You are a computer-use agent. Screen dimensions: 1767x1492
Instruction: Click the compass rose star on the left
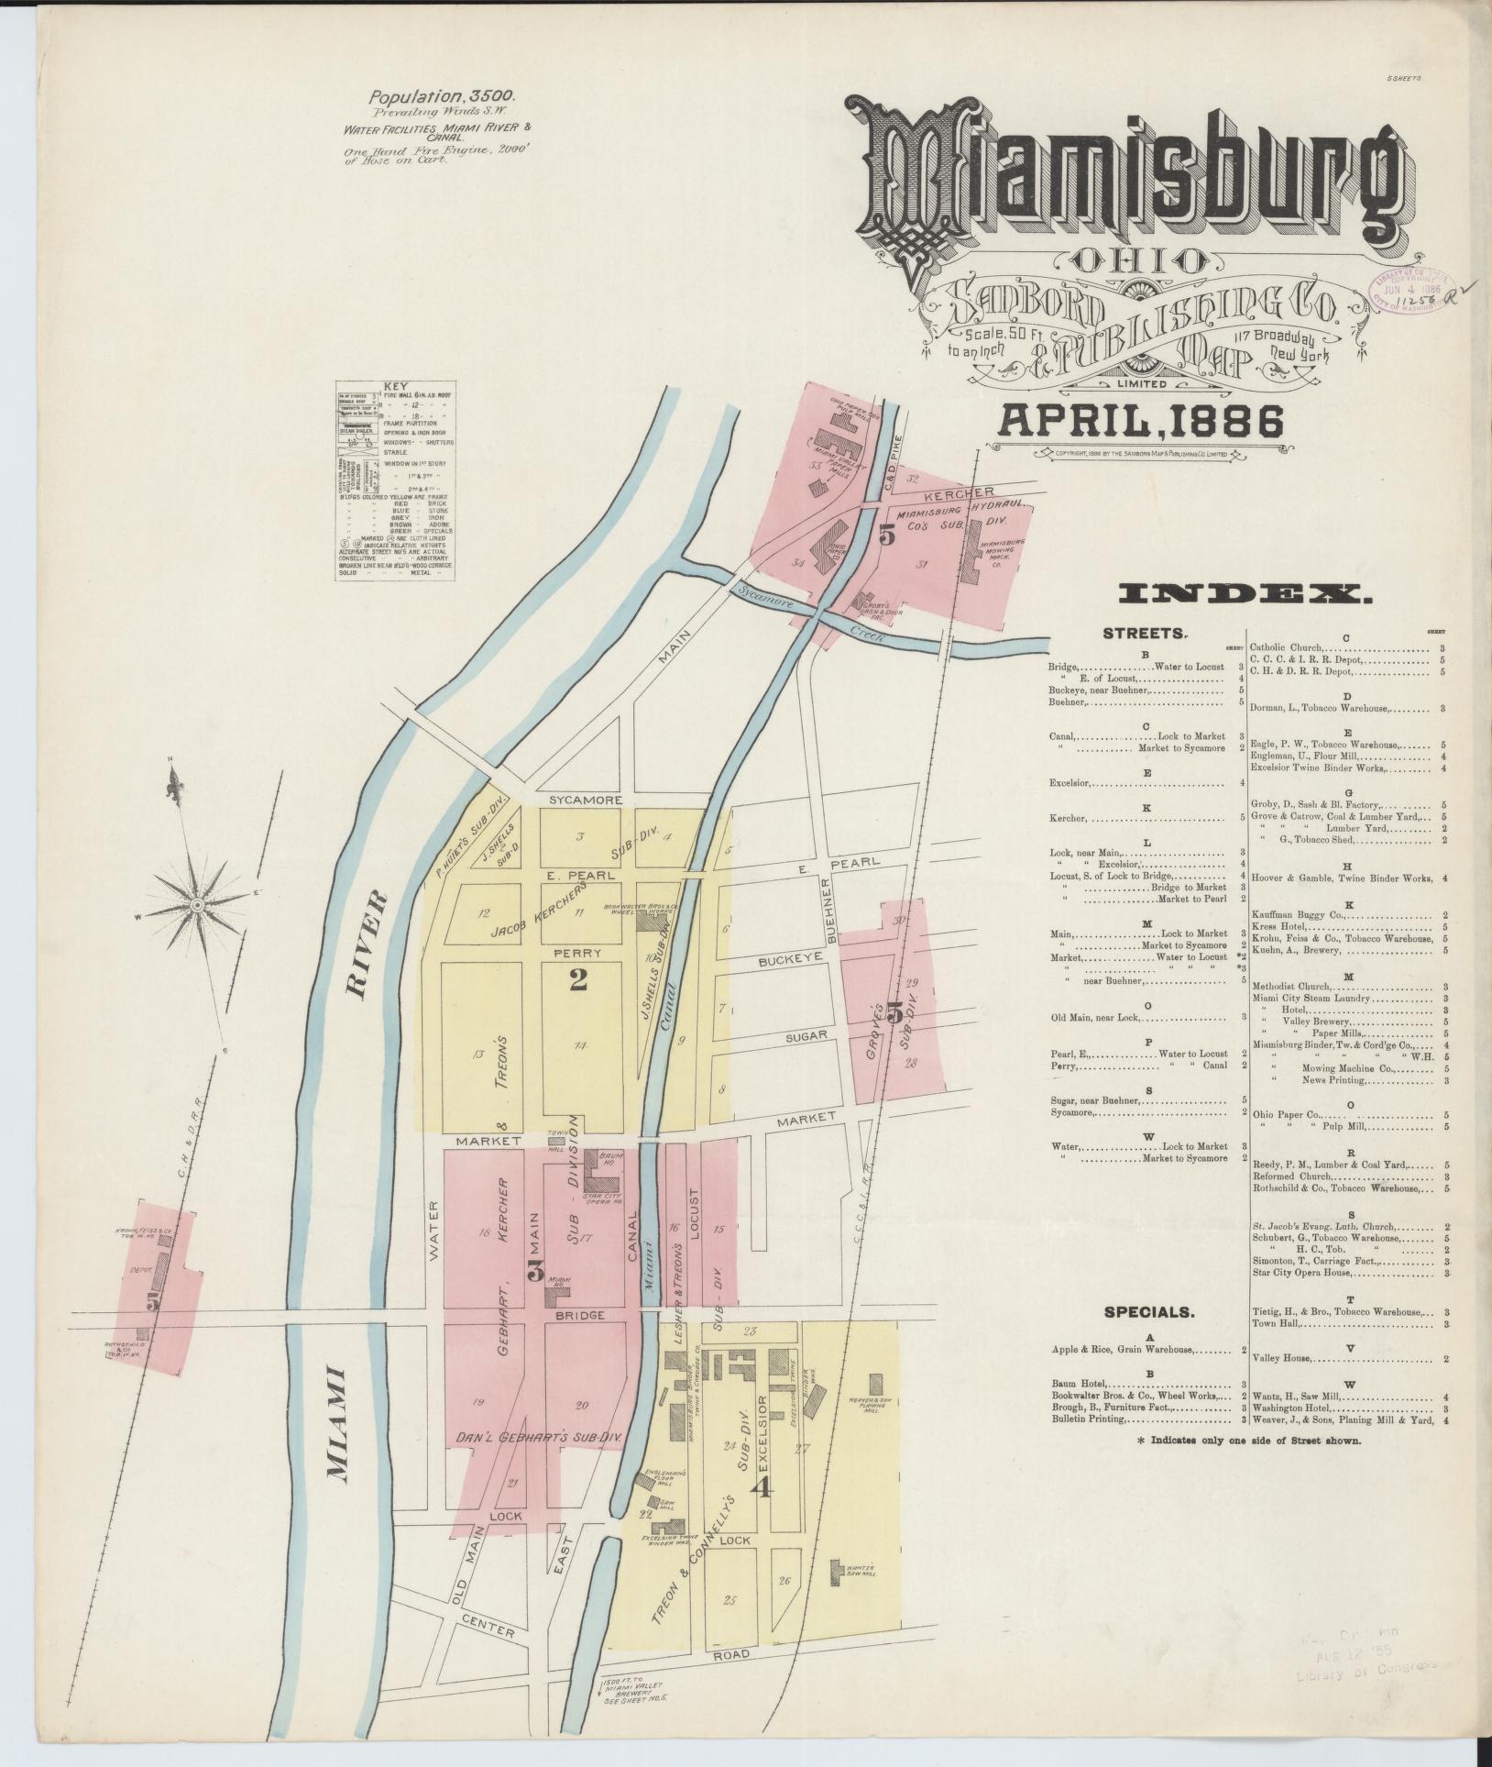pyautogui.click(x=196, y=905)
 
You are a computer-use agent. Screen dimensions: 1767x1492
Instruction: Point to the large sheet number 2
pyautogui.click(x=577, y=980)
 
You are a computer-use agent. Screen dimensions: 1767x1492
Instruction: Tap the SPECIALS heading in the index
pyautogui.click(x=1149, y=1312)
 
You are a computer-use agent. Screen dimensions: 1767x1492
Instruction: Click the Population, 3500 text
pyautogui.click(x=443, y=95)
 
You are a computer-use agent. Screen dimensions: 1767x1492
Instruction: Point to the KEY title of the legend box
pyautogui.click(x=396, y=387)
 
